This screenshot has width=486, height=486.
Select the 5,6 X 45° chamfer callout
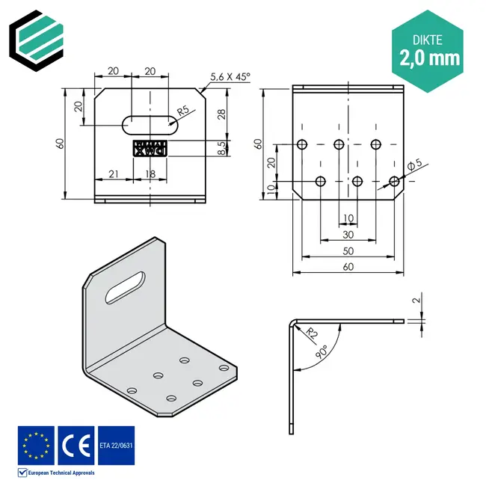pyautogui.click(x=230, y=76)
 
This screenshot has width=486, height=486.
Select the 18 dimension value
pyautogui.click(x=150, y=174)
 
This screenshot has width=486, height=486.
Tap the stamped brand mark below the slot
pyautogui.click(x=150, y=149)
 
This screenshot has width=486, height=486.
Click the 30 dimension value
pyautogui.click(x=348, y=234)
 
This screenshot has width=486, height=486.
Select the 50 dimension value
pyautogui.click(x=348, y=250)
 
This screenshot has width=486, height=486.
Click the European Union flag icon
pyautogui.click(x=36, y=445)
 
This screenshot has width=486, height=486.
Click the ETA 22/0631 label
pyautogui.click(x=116, y=446)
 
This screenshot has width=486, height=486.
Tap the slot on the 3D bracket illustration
pyautogui.click(x=126, y=287)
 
